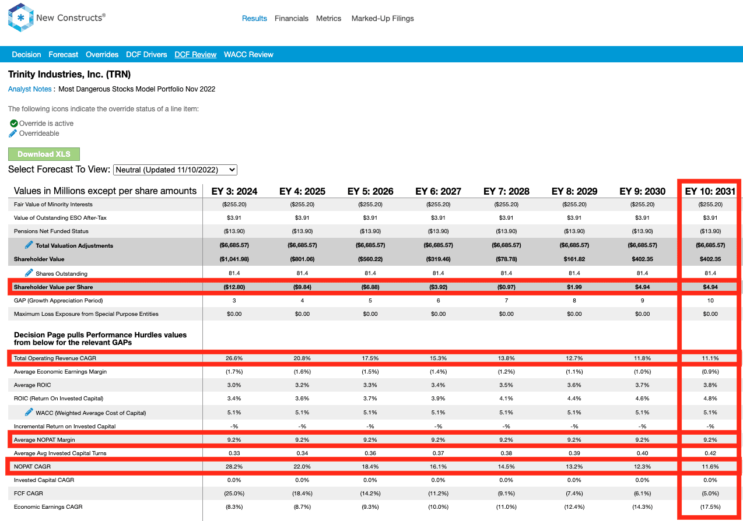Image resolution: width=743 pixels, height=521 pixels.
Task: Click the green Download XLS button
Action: coord(44,154)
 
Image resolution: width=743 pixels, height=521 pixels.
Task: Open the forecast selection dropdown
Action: coord(175,170)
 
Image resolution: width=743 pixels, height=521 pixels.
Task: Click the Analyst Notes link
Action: coord(30,89)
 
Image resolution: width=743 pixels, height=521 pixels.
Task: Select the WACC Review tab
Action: coord(248,55)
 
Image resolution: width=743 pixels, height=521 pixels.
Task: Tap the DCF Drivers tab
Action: coord(146,55)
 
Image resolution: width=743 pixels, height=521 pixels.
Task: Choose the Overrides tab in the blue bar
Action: coord(102,55)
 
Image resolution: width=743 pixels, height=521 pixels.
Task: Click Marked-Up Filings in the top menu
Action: coord(383,19)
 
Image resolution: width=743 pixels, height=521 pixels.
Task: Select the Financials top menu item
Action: coord(291,19)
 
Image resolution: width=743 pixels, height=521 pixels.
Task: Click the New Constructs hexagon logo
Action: coord(20,17)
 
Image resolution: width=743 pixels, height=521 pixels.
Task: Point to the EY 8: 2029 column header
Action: coord(574,191)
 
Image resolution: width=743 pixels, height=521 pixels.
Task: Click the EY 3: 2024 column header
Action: coord(234,191)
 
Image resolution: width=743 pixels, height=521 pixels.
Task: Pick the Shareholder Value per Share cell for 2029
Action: coord(574,287)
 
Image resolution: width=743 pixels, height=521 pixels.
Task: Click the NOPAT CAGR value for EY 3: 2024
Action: coord(234,467)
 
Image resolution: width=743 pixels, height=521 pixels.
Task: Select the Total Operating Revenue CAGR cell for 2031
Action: coord(710,358)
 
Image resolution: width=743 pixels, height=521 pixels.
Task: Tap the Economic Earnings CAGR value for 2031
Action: coord(710,507)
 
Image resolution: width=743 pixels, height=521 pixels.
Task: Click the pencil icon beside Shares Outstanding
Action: coord(29,273)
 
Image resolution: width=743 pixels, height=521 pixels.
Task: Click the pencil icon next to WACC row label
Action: coord(29,412)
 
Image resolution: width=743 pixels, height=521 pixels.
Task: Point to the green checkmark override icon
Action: coord(13,124)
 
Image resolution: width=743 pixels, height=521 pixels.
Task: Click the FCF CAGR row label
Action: coord(28,494)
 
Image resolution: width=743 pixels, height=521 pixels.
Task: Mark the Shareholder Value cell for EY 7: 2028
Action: coord(506,259)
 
